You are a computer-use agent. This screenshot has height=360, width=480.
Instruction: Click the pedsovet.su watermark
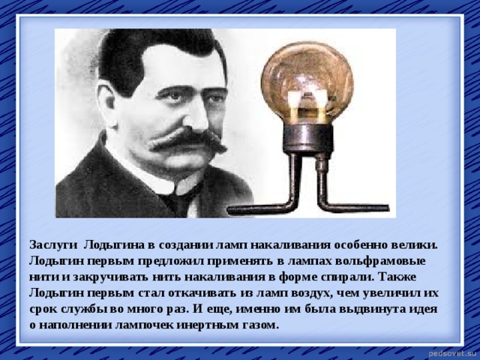452,351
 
